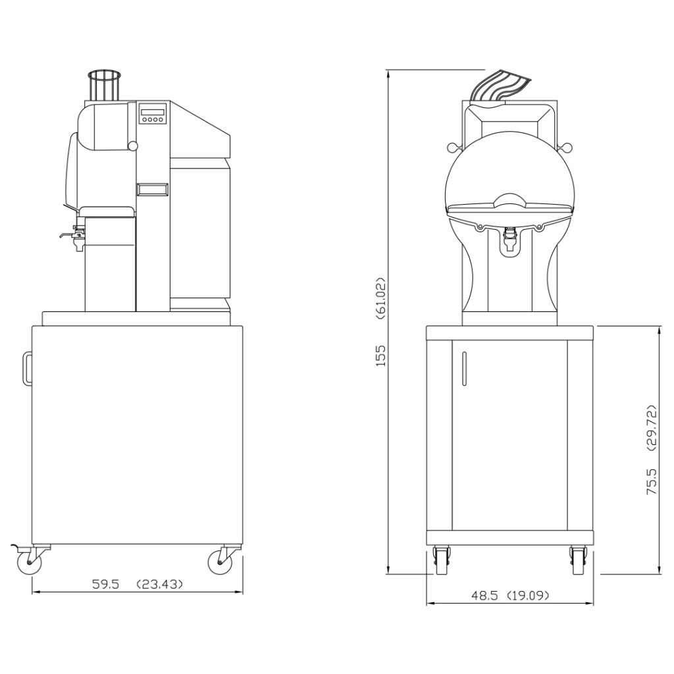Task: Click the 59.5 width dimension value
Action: [105, 584]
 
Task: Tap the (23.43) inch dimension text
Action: [159, 584]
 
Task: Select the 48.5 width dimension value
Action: [484, 596]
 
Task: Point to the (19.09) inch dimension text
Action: [528, 596]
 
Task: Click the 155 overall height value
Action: [381, 355]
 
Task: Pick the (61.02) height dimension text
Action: [381, 298]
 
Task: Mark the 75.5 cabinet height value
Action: [652, 481]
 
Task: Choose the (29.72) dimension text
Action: [652, 427]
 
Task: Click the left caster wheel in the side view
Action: [29, 562]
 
